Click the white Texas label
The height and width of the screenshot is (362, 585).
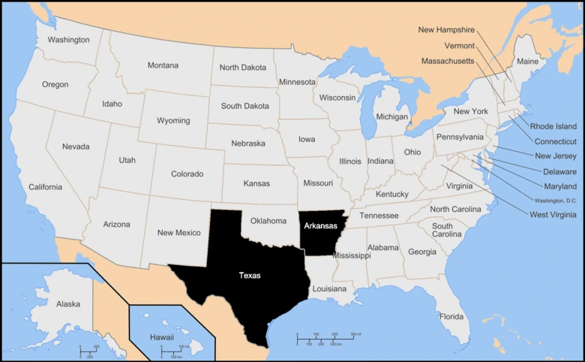(x=250, y=276)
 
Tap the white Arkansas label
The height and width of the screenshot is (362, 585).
(x=320, y=225)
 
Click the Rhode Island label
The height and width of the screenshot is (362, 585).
(x=553, y=126)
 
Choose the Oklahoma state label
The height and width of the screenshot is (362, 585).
(x=268, y=221)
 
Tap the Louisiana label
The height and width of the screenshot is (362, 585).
(x=329, y=288)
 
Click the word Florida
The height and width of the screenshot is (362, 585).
(x=451, y=316)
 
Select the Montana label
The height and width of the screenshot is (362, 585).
(x=163, y=65)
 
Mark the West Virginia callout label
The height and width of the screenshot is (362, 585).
(x=553, y=216)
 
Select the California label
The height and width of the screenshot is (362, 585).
(x=46, y=187)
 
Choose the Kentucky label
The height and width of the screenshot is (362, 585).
(x=392, y=195)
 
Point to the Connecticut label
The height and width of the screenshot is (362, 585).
(x=555, y=141)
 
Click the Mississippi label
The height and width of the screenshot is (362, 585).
(x=352, y=255)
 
